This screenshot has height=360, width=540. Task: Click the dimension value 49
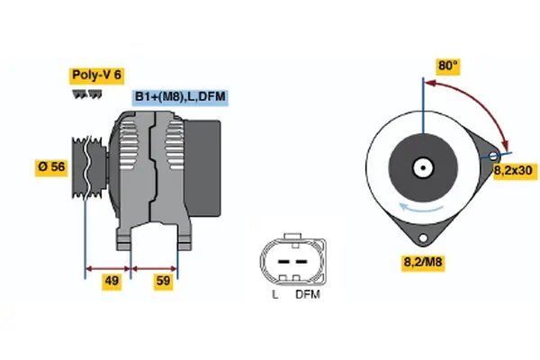112,282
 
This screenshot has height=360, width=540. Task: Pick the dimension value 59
163,282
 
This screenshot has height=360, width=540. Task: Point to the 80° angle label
447,66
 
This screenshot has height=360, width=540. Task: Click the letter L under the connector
274,294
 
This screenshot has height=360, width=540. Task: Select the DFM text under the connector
306,294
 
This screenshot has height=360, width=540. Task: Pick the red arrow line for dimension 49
108,267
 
